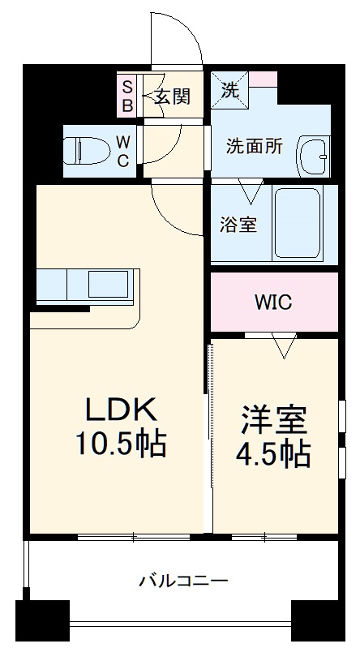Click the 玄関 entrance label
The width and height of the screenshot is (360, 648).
pos(172,97)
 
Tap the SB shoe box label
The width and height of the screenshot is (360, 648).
pos(128,96)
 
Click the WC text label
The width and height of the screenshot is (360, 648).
pos(122,151)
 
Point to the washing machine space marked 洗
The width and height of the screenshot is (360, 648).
pos(230,91)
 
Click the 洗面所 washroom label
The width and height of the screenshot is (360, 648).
pos(254,147)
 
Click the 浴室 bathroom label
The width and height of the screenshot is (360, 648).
pos(238,224)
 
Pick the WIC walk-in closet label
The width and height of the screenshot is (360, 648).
pos(273,302)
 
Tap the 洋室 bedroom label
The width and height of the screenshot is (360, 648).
pos(274,421)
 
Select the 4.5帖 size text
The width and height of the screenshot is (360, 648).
pos(274,455)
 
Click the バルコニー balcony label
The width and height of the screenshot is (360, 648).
pos(182,581)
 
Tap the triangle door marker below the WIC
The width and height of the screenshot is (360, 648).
pos(282,347)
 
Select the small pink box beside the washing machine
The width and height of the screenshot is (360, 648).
pos(263,79)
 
